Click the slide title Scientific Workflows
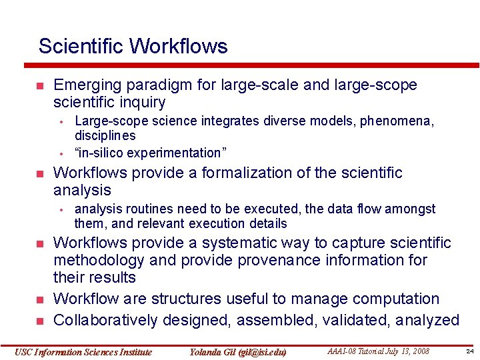click(133, 46)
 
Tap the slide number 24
click(469, 351)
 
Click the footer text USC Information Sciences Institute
click(83, 352)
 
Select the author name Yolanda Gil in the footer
click(237, 352)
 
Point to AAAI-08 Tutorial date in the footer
click(378, 351)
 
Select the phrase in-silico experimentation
click(151, 153)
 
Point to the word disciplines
click(105, 136)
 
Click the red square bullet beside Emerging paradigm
click(39, 86)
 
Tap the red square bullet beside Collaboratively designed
click(39, 321)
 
